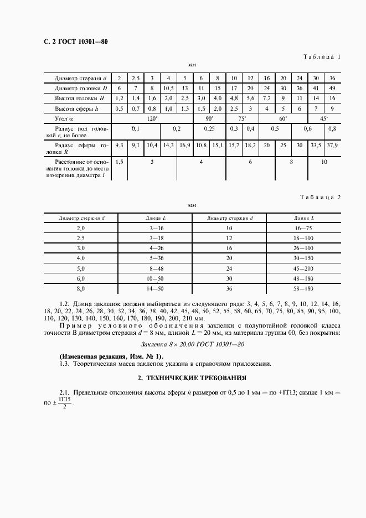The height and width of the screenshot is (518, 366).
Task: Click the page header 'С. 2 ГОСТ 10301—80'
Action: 71,42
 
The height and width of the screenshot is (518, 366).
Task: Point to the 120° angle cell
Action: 152,118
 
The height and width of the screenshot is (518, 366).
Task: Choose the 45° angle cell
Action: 323,118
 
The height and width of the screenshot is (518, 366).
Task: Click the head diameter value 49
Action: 332,89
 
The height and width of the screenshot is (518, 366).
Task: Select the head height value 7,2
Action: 250,98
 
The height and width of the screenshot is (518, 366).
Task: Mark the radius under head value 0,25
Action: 209,128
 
